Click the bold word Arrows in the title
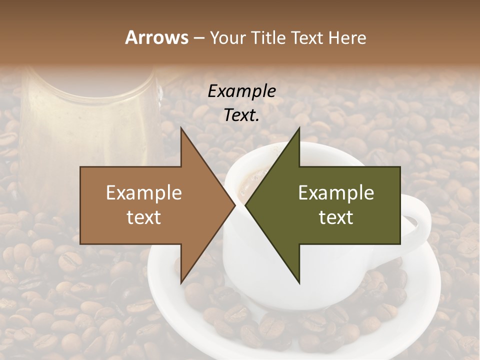point(156,37)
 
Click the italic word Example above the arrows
point(241,91)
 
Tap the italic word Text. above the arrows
point(241,115)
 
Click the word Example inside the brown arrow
point(144,193)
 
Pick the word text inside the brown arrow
point(144,217)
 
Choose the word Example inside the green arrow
point(336,193)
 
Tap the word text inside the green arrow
point(336,217)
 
